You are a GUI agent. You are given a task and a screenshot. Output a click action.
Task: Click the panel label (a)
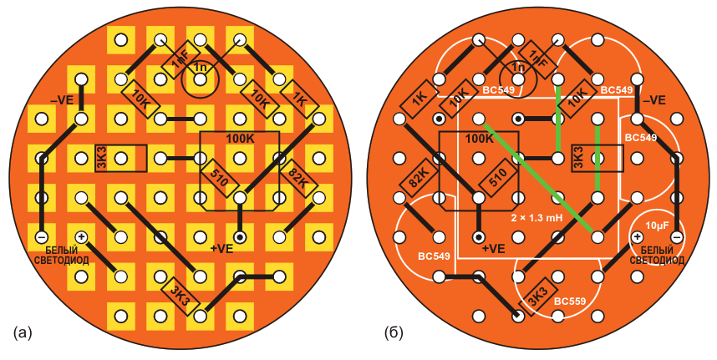point(23,332)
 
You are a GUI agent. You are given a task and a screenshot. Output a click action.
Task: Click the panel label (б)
point(394,333)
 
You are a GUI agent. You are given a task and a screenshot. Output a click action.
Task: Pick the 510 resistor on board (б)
point(498,178)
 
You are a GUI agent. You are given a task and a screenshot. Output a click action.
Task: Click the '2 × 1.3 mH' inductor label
point(536,218)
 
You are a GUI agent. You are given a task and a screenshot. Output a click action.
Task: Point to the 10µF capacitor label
point(657,226)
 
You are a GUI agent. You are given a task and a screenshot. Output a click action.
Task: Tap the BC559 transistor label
point(569,302)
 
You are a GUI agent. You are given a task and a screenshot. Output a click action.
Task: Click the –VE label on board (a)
point(62,99)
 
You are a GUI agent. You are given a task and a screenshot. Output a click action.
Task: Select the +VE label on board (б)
point(494,249)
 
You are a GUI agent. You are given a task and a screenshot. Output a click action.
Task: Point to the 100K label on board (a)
point(240,139)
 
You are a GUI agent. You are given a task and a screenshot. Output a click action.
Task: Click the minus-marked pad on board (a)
point(42,237)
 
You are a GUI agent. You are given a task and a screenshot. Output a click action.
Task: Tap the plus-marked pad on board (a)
point(81,237)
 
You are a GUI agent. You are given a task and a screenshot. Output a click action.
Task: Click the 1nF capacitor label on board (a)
point(178,60)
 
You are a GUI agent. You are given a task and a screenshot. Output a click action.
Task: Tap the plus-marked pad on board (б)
point(637,237)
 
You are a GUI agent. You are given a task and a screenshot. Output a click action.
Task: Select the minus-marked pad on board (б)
point(676,237)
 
